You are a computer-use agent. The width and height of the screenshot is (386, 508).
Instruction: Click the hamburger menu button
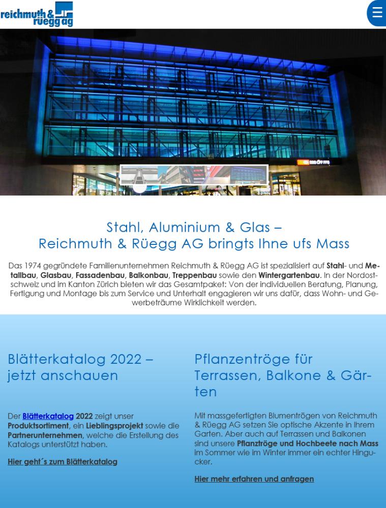pyautogui.click(x=377, y=13)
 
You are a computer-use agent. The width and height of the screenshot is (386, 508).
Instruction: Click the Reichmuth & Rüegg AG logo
pyautogui.click(x=37, y=14)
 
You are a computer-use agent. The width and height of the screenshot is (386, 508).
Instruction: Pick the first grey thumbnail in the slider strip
pyautogui.click(x=139, y=175)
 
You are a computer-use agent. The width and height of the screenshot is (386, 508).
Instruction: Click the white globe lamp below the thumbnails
pyautogui.click(x=139, y=186)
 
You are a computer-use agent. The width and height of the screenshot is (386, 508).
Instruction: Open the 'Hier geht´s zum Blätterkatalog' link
pyautogui.click(x=63, y=461)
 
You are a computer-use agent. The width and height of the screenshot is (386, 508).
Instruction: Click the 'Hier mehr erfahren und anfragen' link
pyautogui.click(x=254, y=479)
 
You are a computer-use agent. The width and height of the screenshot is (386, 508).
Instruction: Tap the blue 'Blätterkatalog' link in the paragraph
pyautogui.click(x=48, y=416)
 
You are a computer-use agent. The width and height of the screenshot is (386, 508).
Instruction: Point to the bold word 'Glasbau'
pyautogui.click(x=55, y=275)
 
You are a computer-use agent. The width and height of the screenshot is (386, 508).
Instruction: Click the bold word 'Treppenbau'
pyautogui.click(x=194, y=275)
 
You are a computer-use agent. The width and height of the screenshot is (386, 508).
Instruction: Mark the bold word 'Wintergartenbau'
pyautogui.click(x=289, y=275)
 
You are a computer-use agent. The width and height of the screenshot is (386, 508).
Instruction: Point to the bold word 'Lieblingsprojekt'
pyautogui.click(x=114, y=425)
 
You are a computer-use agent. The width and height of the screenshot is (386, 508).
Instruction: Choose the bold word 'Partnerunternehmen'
pyautogui.click(x=45, y=435)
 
